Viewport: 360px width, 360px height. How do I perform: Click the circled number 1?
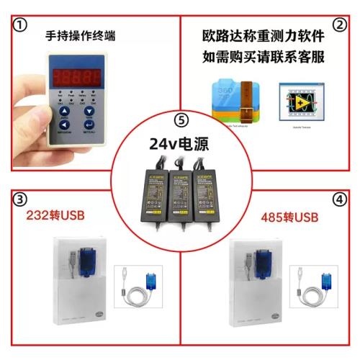[21, 25]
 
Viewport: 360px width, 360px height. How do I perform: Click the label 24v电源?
[179, 143]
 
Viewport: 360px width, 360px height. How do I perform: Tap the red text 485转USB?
[288, 217]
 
